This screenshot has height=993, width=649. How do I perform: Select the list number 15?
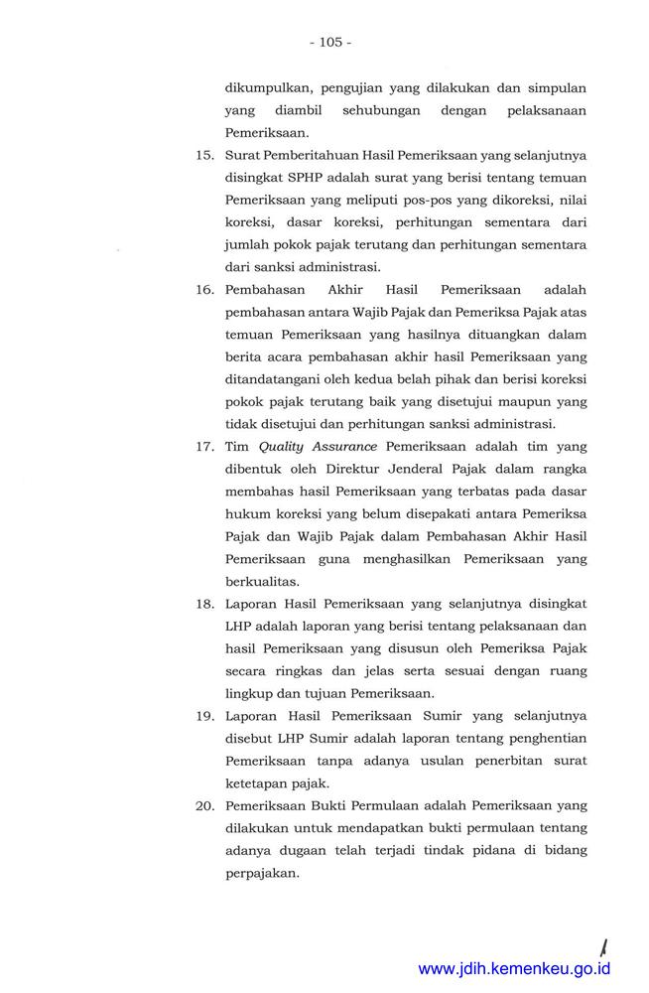tap(204, 155)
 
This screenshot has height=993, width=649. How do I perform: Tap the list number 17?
tap(204, 448)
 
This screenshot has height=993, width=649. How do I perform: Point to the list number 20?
tap(204, 805)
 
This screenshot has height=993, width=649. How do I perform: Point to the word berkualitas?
tap(264, 582)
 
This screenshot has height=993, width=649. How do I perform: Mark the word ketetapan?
tap(255, 783)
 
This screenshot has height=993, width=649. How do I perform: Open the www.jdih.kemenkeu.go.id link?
tap(514, 969)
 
